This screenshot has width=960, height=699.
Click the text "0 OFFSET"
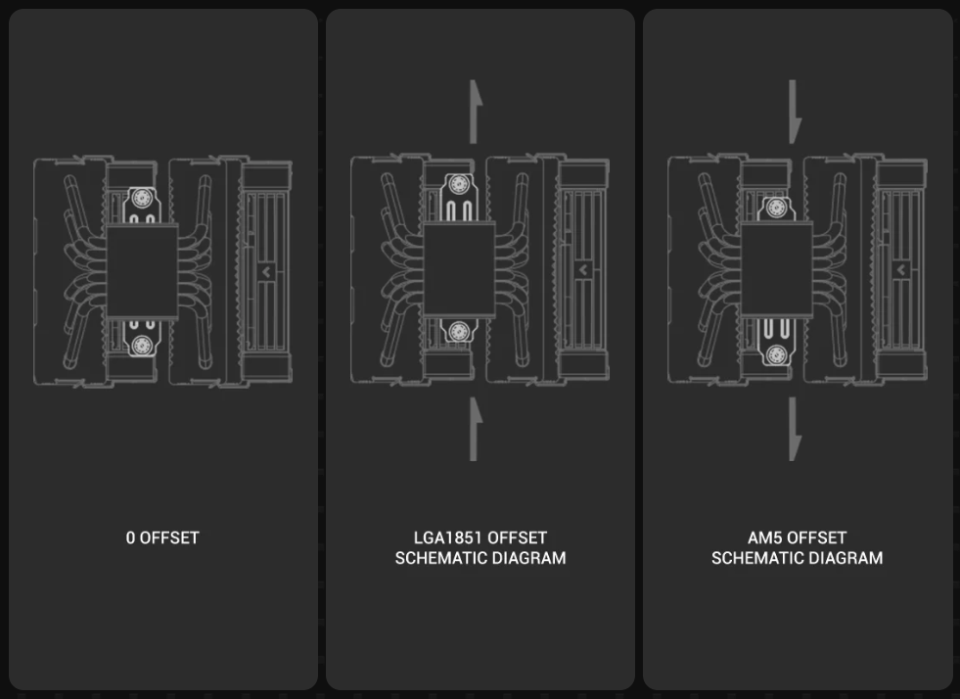pyautogui.click(x=162, y=537)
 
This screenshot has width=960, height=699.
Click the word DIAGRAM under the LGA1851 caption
pyautogui.click(x=529, y=558)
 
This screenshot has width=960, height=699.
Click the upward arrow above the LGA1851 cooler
pyautogui.click(x=475, y=112)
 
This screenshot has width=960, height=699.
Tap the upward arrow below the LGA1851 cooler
pyautogui.click(x=475, y=429)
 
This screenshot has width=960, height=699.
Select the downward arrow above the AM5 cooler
pyautogui.click(x=795, y=112)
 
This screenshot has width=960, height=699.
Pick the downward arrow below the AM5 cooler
pyautogui.click(x=795, y=429)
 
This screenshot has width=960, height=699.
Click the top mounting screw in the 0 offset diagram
pyautogui.click(x=142, y=197)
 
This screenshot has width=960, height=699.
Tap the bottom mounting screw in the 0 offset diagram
pyautogui.click(x=142, y=345)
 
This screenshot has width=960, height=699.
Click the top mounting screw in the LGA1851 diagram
pyautogui.click(x=459, y=184)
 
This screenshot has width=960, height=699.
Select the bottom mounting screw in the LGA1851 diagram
pyautogui.click(x=459, y=332)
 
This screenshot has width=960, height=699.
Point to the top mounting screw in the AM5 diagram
pyautogui.click(x=776, y=208)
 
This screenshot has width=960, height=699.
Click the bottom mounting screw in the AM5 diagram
pyautogui.click(x=776, y=354)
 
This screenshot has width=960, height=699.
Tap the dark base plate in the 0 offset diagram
pyautogui.click(x=142, y=271)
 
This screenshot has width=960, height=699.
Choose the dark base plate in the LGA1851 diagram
pyautogui.click(x=459, y=269)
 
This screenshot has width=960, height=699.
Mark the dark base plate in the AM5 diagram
pyautogui.click(x=776, y=269)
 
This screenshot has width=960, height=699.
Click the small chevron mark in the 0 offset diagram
pyautogui.click(x=266, y=271)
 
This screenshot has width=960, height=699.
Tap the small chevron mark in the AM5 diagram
pyautogui.click(x=901, y=269)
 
